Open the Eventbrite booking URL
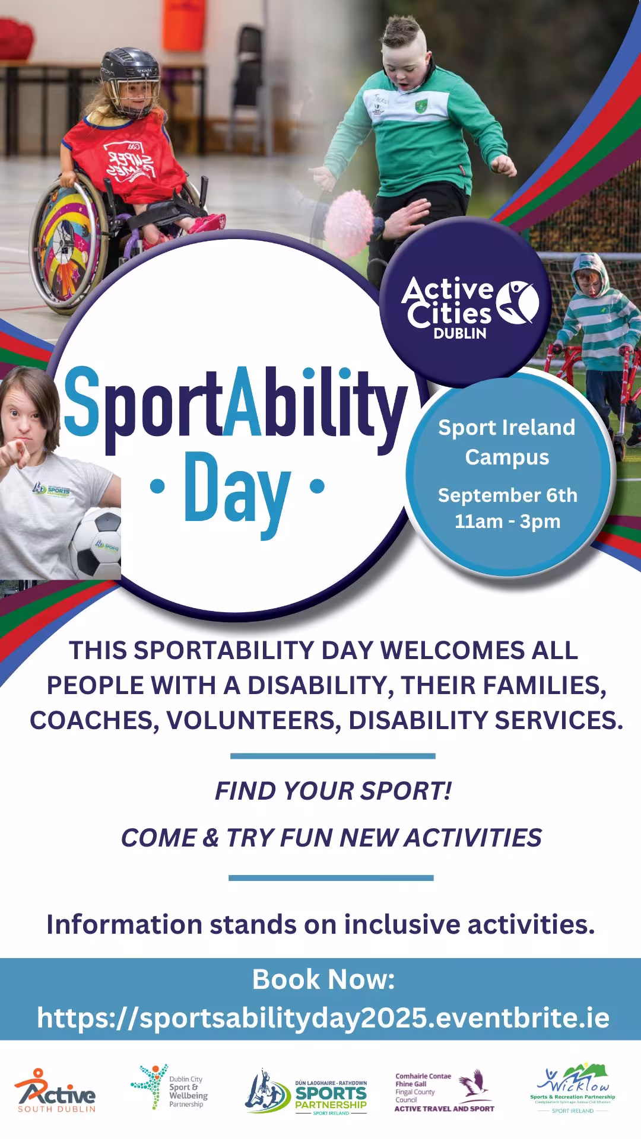tap(323, 1018)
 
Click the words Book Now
tap(323, 979)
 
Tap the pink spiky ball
tap(349, 216)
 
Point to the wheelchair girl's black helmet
tap(129, 68)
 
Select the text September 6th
tap(507, 495)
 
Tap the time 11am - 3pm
tap(507, 521)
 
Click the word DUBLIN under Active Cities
tap(460, 333)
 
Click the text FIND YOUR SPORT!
tap(333, 791)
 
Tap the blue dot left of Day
tap(157, 486)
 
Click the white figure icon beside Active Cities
tap(518, 303)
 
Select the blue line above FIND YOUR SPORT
tap(332, 756)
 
